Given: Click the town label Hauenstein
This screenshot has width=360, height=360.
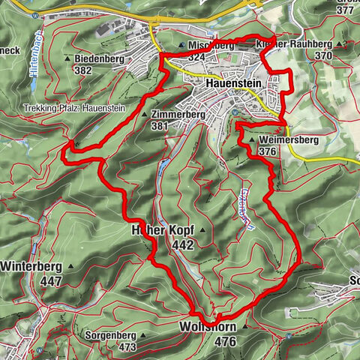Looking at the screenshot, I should [231, 85].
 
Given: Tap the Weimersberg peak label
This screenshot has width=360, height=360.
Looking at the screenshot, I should [280, 140].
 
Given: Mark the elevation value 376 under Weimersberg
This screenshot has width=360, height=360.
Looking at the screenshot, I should [268, 151].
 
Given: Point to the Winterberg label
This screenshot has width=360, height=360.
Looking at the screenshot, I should [30, 266].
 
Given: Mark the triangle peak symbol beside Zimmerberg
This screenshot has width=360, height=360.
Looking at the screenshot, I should [145, 115].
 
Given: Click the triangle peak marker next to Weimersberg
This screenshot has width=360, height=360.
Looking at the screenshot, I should [253, 140].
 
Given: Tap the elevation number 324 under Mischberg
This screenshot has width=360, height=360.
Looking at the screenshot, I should [197, 56].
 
